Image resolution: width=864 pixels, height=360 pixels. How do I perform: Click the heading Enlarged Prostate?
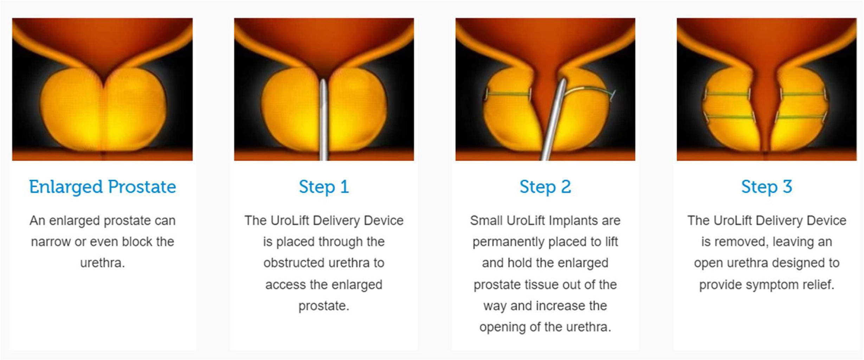[102, 187]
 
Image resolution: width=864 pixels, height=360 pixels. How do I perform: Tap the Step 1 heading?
[324, 187]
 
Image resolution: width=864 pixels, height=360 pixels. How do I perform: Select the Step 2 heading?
[545, 187]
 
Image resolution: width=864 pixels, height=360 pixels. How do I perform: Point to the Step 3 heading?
[767, 187]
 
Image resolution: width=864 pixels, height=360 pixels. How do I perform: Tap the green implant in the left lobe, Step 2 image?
[509, 94]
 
